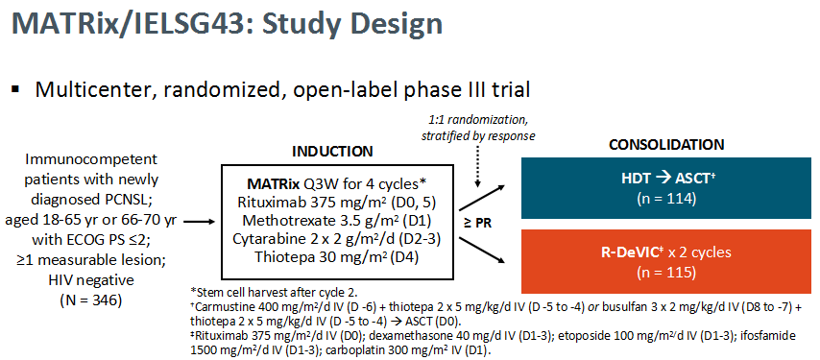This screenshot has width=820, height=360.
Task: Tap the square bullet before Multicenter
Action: [15, 90]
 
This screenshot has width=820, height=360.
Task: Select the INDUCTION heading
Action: [332, 152]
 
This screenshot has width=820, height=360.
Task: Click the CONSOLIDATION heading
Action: [666, 145]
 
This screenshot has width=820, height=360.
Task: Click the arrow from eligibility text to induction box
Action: [200, 222]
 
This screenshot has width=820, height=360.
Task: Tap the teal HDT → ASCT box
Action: [665, 187]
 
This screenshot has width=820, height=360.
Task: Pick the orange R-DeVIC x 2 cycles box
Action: [665, 261]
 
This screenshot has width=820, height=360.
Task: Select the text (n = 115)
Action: [666, 272]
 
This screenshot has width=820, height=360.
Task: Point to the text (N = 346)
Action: [91, 301]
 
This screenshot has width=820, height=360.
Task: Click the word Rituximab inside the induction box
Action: [262, 202]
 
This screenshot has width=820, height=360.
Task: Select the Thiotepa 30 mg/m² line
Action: [337, 257]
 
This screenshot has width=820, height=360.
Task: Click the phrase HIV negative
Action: [91, 280]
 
